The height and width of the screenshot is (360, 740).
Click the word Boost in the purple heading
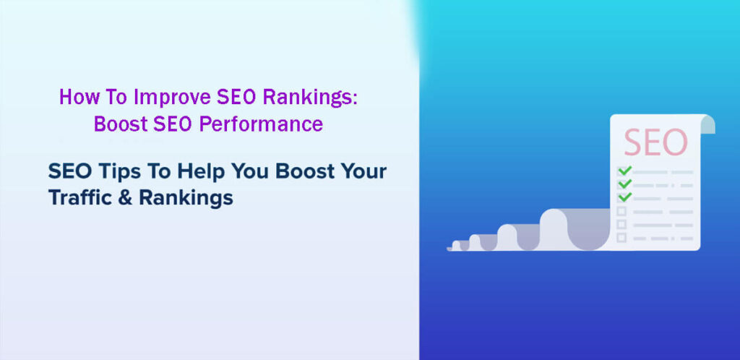click(120, 124)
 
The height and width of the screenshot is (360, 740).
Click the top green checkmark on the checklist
click(624, 171)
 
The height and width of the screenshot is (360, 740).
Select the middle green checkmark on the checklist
click(624, 184)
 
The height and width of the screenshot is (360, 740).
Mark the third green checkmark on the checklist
click(624, 196)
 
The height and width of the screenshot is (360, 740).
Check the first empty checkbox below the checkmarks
click(621, 211)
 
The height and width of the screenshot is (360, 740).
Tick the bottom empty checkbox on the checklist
click(621, 237)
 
